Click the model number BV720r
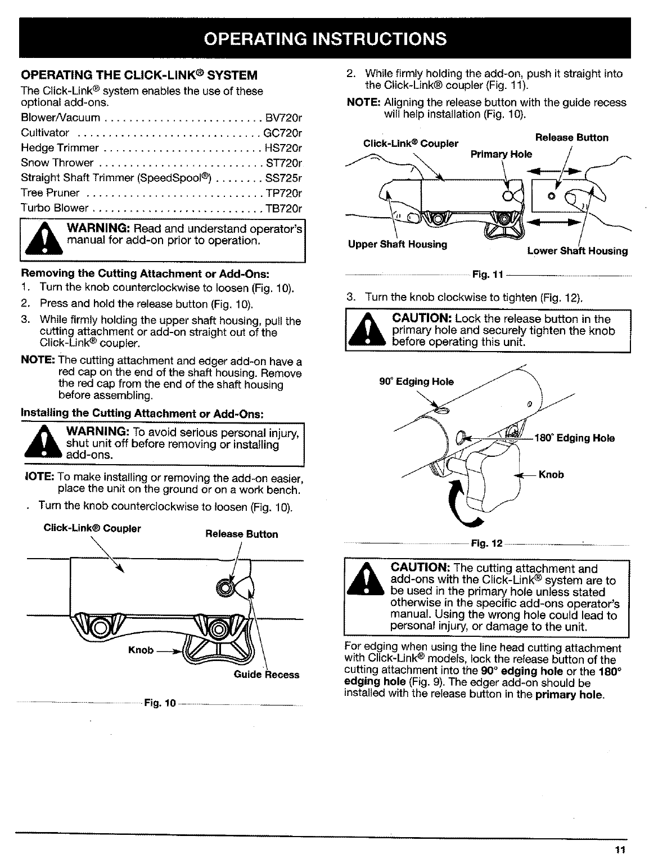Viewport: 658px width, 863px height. click(x=283, y=118)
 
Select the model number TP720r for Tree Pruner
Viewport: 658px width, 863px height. click(x=283, y=193)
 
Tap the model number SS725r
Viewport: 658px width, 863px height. click(x=283, y=178)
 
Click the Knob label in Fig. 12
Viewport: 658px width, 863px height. click(x=551, y=474)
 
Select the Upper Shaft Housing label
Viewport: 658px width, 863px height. click(x=398, y=244)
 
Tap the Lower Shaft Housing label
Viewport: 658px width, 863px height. click(x=577, y=251)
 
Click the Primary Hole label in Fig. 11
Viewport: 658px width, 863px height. click(x=501, y=154)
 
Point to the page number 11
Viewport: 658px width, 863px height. click(x=621, y=849)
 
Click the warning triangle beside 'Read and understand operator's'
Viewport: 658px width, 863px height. click(x=43, y=239)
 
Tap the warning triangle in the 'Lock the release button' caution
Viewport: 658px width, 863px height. click(x=367, y=331)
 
